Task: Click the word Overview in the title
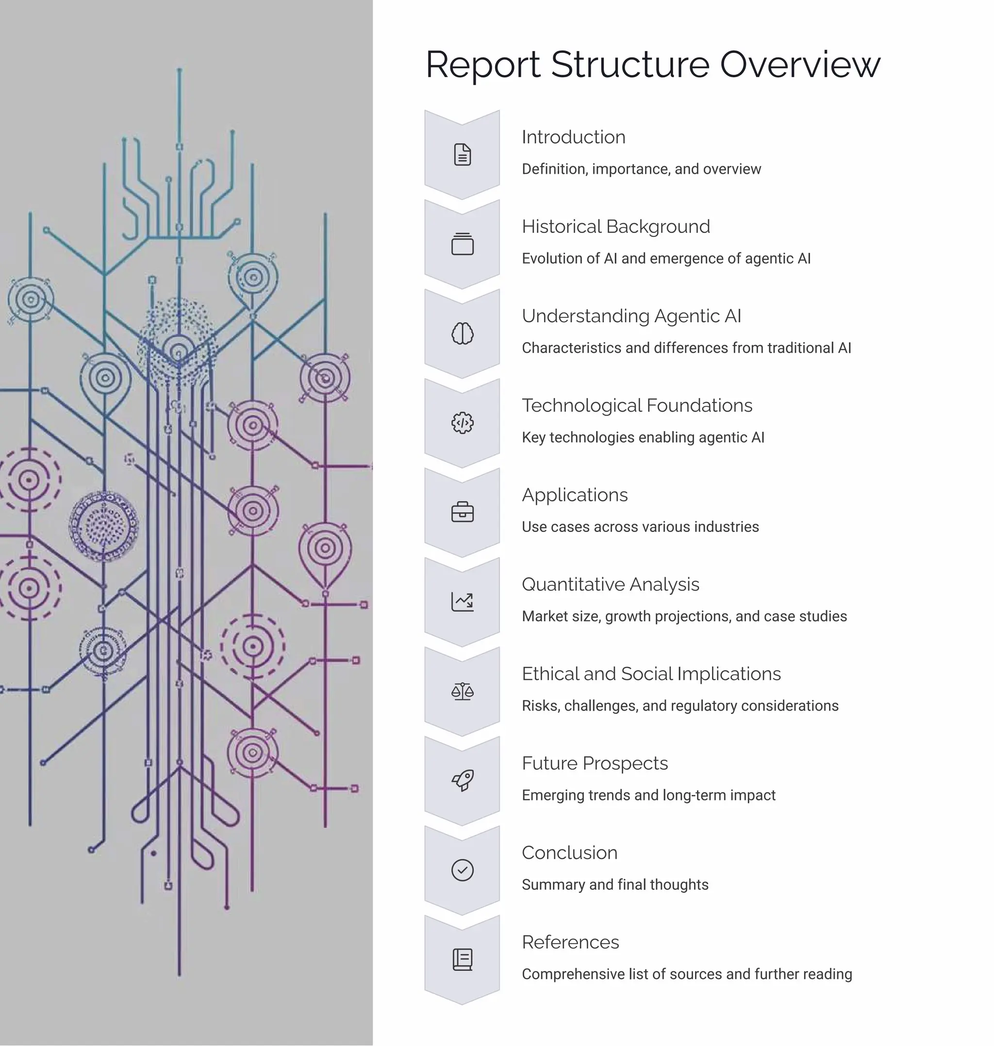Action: click(x=799, y=65)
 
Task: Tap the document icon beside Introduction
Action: click(x=462, y=155)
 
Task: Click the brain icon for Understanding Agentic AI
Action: click(x=462, y=334)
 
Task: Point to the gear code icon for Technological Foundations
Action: click(x=462, y=423)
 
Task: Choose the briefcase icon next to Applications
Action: click(x=462, y=513)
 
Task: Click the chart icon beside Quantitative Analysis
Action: click(x=462, y=602)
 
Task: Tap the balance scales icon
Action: click(x=462, y=692)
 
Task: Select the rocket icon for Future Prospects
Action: click(x=462, y=780)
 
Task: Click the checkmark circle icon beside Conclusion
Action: click(x=462, y=870)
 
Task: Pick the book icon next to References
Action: click(x=462, y=960)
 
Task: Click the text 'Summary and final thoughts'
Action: click(x=614, y=885)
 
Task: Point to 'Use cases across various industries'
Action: click(x=640, y=527)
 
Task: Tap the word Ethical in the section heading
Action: click(x=550, y=674)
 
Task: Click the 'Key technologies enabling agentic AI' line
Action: click(x=643, y=438)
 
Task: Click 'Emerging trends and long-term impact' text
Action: click(x=648, y=796)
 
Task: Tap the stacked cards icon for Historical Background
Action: click(x=462, y=244)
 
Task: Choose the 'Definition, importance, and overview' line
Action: click(x=641, y=169)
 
